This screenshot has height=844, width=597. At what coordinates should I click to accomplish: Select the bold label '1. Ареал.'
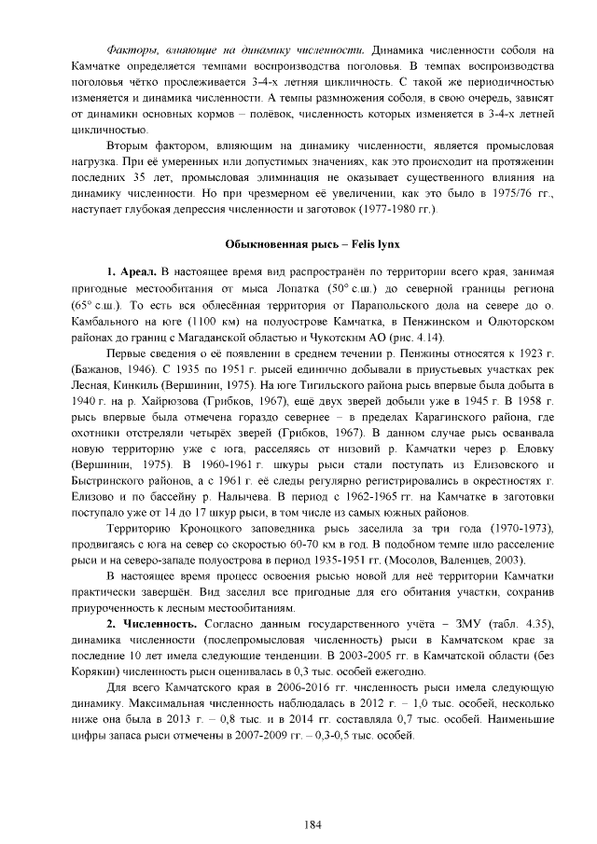coord(132,271)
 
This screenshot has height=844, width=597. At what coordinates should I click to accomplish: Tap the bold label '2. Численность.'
coord(151,623)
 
